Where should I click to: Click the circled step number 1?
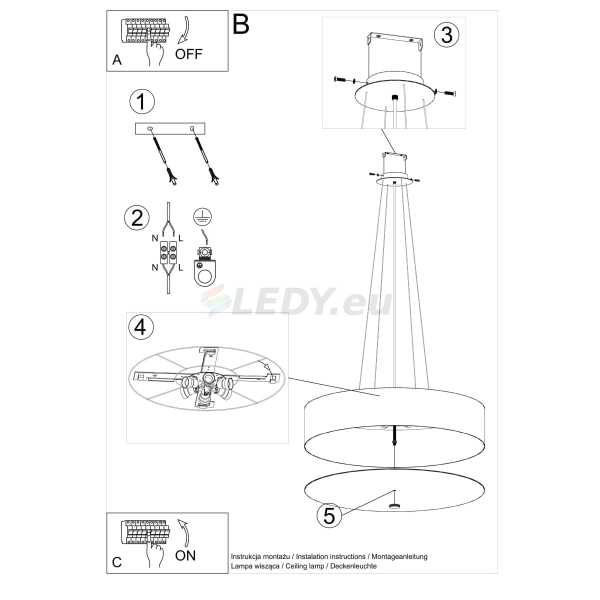click(142, 101)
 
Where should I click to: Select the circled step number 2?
click(137, 217)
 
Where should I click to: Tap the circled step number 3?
click(446, 35)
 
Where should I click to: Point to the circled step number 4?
click(140, 327)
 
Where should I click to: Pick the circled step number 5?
click(329, 516)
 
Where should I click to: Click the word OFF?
click(188, 54)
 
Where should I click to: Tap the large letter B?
click(240, 24)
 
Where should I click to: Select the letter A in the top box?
click(117, 60)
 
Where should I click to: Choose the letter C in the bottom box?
click(117, 562)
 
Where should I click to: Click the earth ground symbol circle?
click(202, 216)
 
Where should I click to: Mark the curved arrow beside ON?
click(184, 532)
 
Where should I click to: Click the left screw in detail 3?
click(341, 79)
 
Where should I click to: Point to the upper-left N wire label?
click(154, 238)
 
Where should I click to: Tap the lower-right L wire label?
click(180, 267)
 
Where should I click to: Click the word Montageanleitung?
click(399, 556)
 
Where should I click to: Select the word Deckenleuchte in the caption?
click(353, 566)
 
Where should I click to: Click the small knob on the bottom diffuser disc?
click(394, 505)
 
